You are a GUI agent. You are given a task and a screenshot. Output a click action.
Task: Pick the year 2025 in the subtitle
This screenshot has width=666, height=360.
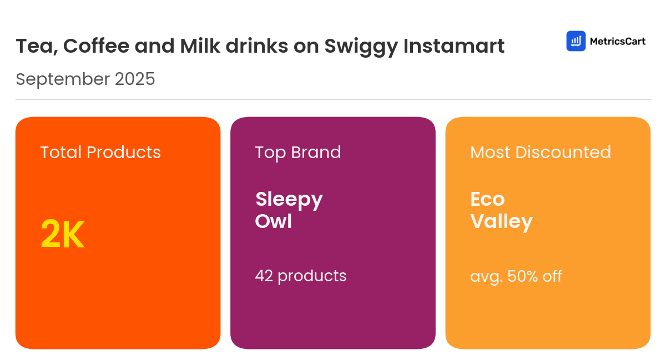(135, 79)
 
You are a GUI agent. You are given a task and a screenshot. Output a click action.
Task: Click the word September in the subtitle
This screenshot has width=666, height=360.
(63, 79)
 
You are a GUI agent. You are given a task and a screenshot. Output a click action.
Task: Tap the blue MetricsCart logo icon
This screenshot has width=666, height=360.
(576, 41)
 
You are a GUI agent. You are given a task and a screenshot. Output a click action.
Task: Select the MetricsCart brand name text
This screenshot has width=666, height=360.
(617, 41)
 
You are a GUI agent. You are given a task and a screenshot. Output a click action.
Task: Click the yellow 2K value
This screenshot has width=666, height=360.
(62, 235)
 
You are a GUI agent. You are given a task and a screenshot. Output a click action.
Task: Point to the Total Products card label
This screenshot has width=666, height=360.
(100, 152)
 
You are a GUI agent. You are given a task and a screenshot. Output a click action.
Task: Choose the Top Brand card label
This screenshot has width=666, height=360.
(298, 152)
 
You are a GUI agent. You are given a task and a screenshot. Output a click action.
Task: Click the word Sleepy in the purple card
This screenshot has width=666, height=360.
(289, 199)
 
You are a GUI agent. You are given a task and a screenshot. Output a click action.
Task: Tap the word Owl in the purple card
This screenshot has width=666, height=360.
(273, 221)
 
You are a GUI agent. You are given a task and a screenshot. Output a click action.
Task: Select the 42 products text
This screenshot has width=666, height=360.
(300, 276)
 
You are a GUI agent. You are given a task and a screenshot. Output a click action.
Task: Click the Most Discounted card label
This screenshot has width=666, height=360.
(540, 152)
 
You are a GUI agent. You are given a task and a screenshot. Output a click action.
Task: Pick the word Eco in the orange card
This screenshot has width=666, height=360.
(487, 199)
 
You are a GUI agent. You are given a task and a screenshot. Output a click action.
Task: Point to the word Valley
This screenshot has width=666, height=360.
(501, 222)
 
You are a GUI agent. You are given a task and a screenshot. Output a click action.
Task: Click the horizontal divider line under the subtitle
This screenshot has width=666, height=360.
(333, 100)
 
